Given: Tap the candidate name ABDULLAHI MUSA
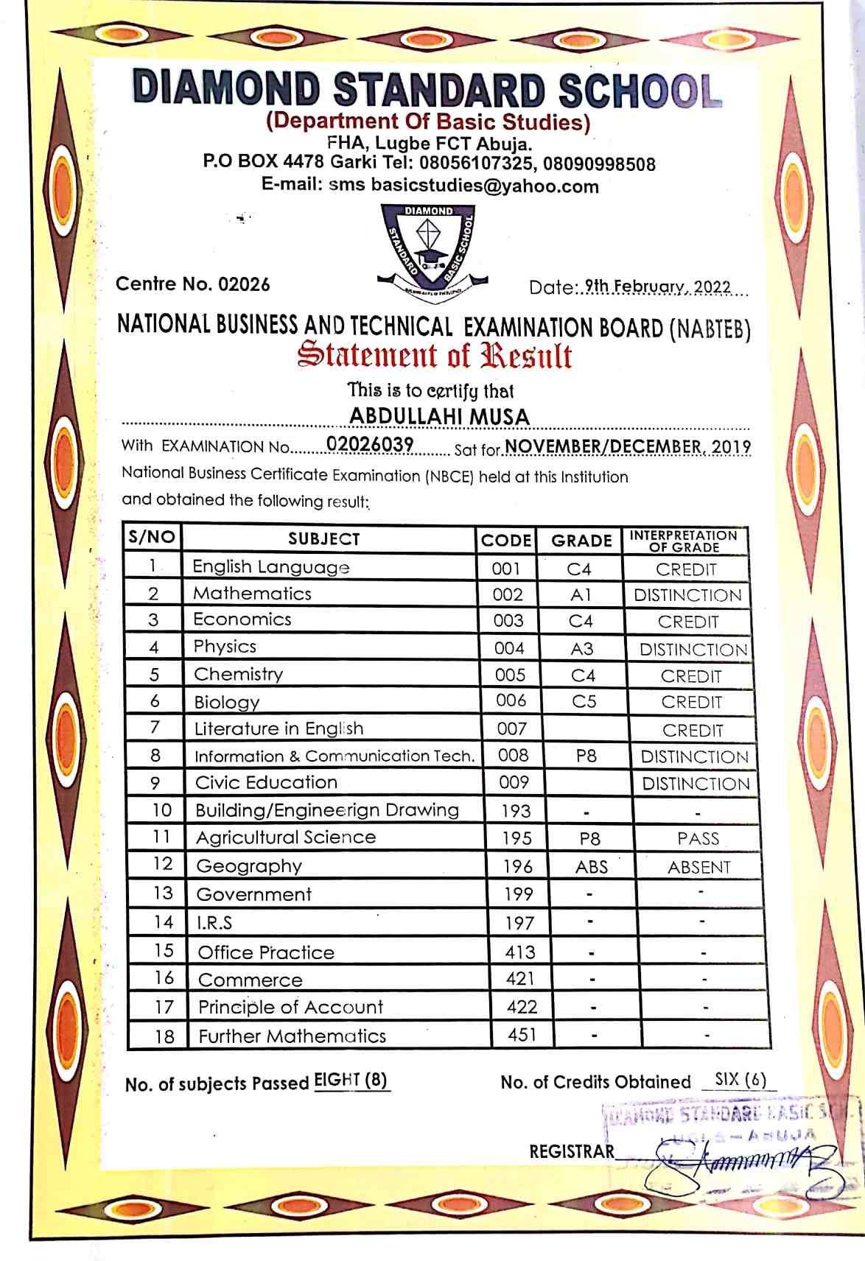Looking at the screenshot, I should pyautogui.click(x=439, y=416).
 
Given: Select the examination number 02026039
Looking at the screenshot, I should pyautogui.click(x=369, y=444).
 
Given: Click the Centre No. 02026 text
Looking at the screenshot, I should pyautogui.click(x=193, y=284).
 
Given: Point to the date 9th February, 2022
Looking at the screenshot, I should pyautogui.click(x=657, y=287).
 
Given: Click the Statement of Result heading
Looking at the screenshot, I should pyautogui.click(x=435, y=355).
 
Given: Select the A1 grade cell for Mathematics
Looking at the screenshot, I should pyautogui.click(x=581, y=594).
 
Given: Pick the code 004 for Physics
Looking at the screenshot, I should pyautogui.click(x=509, y=648).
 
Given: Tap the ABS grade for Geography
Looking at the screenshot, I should pyautogui.click(x=592, y=867).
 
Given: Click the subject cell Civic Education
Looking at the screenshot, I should pyautogui.click(x=266, y=782).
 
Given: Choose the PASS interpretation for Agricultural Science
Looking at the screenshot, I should pyautogui.click(x=698, y=838).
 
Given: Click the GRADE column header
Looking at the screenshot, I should pyautogui.click(x=581, y=541).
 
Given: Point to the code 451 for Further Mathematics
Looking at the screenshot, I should pyautogui.click(x=522, y=1035).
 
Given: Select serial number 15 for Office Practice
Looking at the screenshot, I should pyautogui.click(x=164, y=951).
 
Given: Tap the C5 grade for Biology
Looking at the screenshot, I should pyautogui.click(x=584, y=701).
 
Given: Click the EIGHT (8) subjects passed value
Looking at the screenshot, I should pyautogui.click(x=351, y=1081).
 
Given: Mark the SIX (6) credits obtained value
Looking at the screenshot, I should pyautogui.click(x=740, y=1080).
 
